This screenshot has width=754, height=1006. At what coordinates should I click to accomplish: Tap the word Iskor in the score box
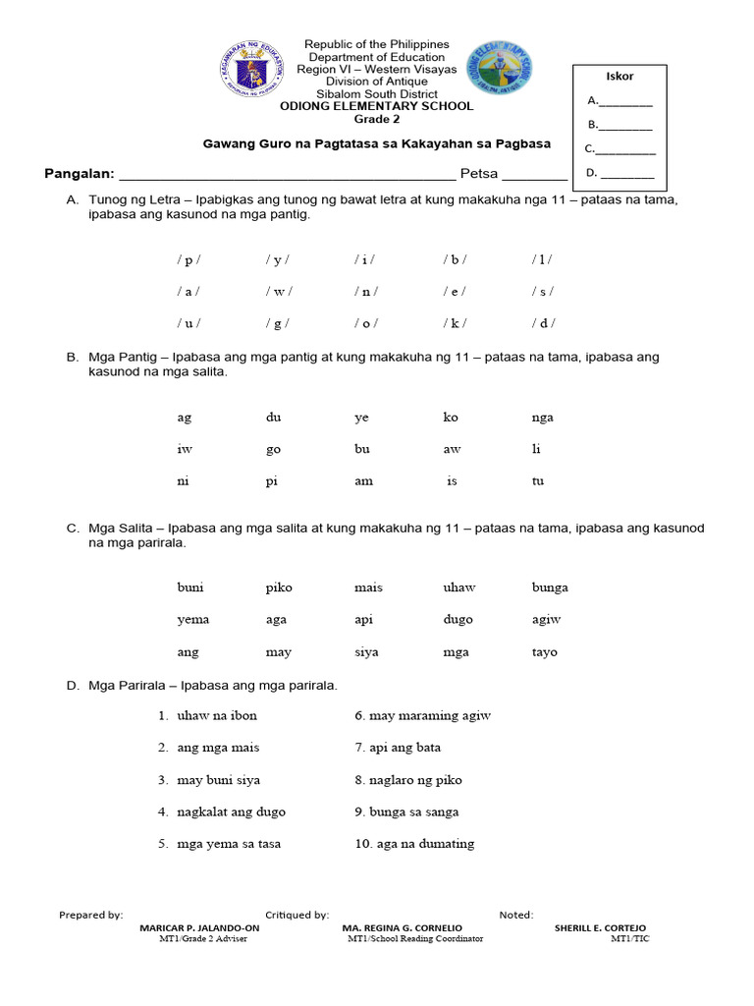click(x=620, y=77)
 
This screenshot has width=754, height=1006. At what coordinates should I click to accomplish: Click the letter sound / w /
click(x=278, y=292)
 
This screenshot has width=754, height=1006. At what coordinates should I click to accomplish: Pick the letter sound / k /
click(x=455, y=323)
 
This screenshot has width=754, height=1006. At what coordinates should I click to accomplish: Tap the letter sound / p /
click(x=188, y=260)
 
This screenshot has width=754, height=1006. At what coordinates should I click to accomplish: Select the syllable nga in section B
click(x=542, y=418)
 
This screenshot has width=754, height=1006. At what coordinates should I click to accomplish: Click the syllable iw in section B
click(x=184, y=450)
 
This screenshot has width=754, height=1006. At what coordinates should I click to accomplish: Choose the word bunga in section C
click(x=550, y=587)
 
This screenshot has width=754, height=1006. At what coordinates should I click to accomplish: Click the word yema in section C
click(x=192, y=620)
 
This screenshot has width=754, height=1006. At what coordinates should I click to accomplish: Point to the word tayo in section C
click(x=544, y=652)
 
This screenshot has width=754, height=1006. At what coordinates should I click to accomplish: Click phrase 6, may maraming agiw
click(x=429, y=716)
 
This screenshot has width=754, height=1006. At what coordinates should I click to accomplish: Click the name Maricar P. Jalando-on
click(x=199, y=928)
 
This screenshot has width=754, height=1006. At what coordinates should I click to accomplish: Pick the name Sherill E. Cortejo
click(x=600, y=928)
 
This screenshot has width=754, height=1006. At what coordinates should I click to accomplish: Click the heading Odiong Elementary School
click(x=377, y=106)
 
